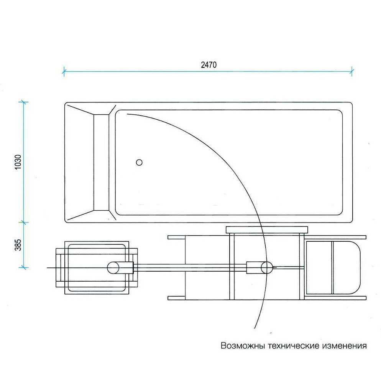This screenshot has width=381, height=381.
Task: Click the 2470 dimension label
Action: click(209, 65)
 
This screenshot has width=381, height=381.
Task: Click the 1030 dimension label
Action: click(18, 162)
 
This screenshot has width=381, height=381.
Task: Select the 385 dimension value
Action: click(18, 245)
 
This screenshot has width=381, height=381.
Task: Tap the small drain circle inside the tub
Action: click(139, 162)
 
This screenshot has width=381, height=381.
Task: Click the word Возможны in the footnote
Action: click(243, 346)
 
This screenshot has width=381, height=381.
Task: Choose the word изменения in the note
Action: click(345, 346)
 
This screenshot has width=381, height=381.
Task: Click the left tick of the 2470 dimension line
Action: click(64, 71)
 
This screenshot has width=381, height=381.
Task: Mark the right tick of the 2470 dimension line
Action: click(351, 71)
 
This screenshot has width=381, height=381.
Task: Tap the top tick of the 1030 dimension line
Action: click(23, 102)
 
